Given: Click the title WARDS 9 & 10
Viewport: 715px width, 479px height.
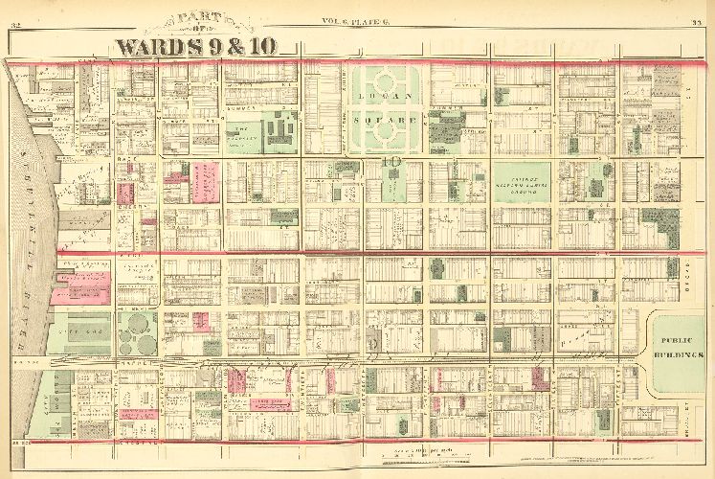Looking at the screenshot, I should (x=209, y=45).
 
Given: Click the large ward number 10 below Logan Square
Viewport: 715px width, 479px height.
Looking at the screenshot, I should (x=391, y=163).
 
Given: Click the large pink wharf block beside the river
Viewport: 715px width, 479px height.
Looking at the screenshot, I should (x=84, y=285).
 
